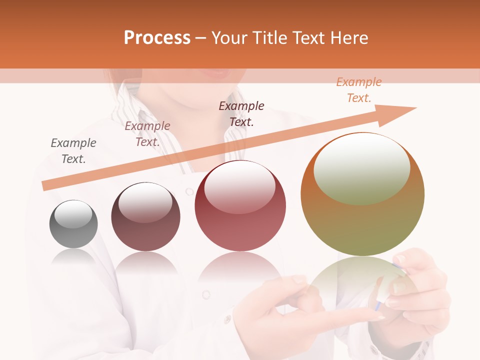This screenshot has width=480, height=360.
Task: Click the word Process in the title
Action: [157, 38]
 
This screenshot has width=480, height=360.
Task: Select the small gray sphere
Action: [73, 224]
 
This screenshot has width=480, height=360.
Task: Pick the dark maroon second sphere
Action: [145, 216]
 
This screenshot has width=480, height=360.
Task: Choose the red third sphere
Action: [240, 205]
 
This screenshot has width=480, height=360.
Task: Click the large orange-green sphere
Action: [362, 194]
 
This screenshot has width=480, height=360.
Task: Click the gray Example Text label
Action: [73, 151]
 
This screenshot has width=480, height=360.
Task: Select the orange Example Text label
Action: [359, 90]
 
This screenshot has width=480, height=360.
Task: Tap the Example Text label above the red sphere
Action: [241, 114]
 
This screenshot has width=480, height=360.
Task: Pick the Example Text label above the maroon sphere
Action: [147, 134]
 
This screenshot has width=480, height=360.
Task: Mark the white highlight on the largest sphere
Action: [361, 169]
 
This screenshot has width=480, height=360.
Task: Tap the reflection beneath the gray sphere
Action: [73, 257]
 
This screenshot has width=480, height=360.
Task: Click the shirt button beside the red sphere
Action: [189, 191]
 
